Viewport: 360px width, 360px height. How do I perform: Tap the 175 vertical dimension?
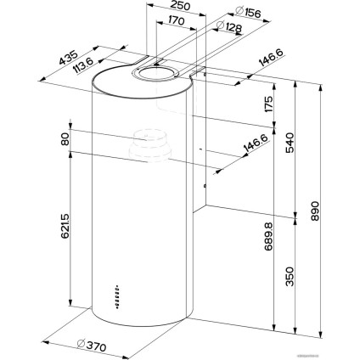coord(267,105)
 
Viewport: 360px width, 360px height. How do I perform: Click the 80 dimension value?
coord(64,139)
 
